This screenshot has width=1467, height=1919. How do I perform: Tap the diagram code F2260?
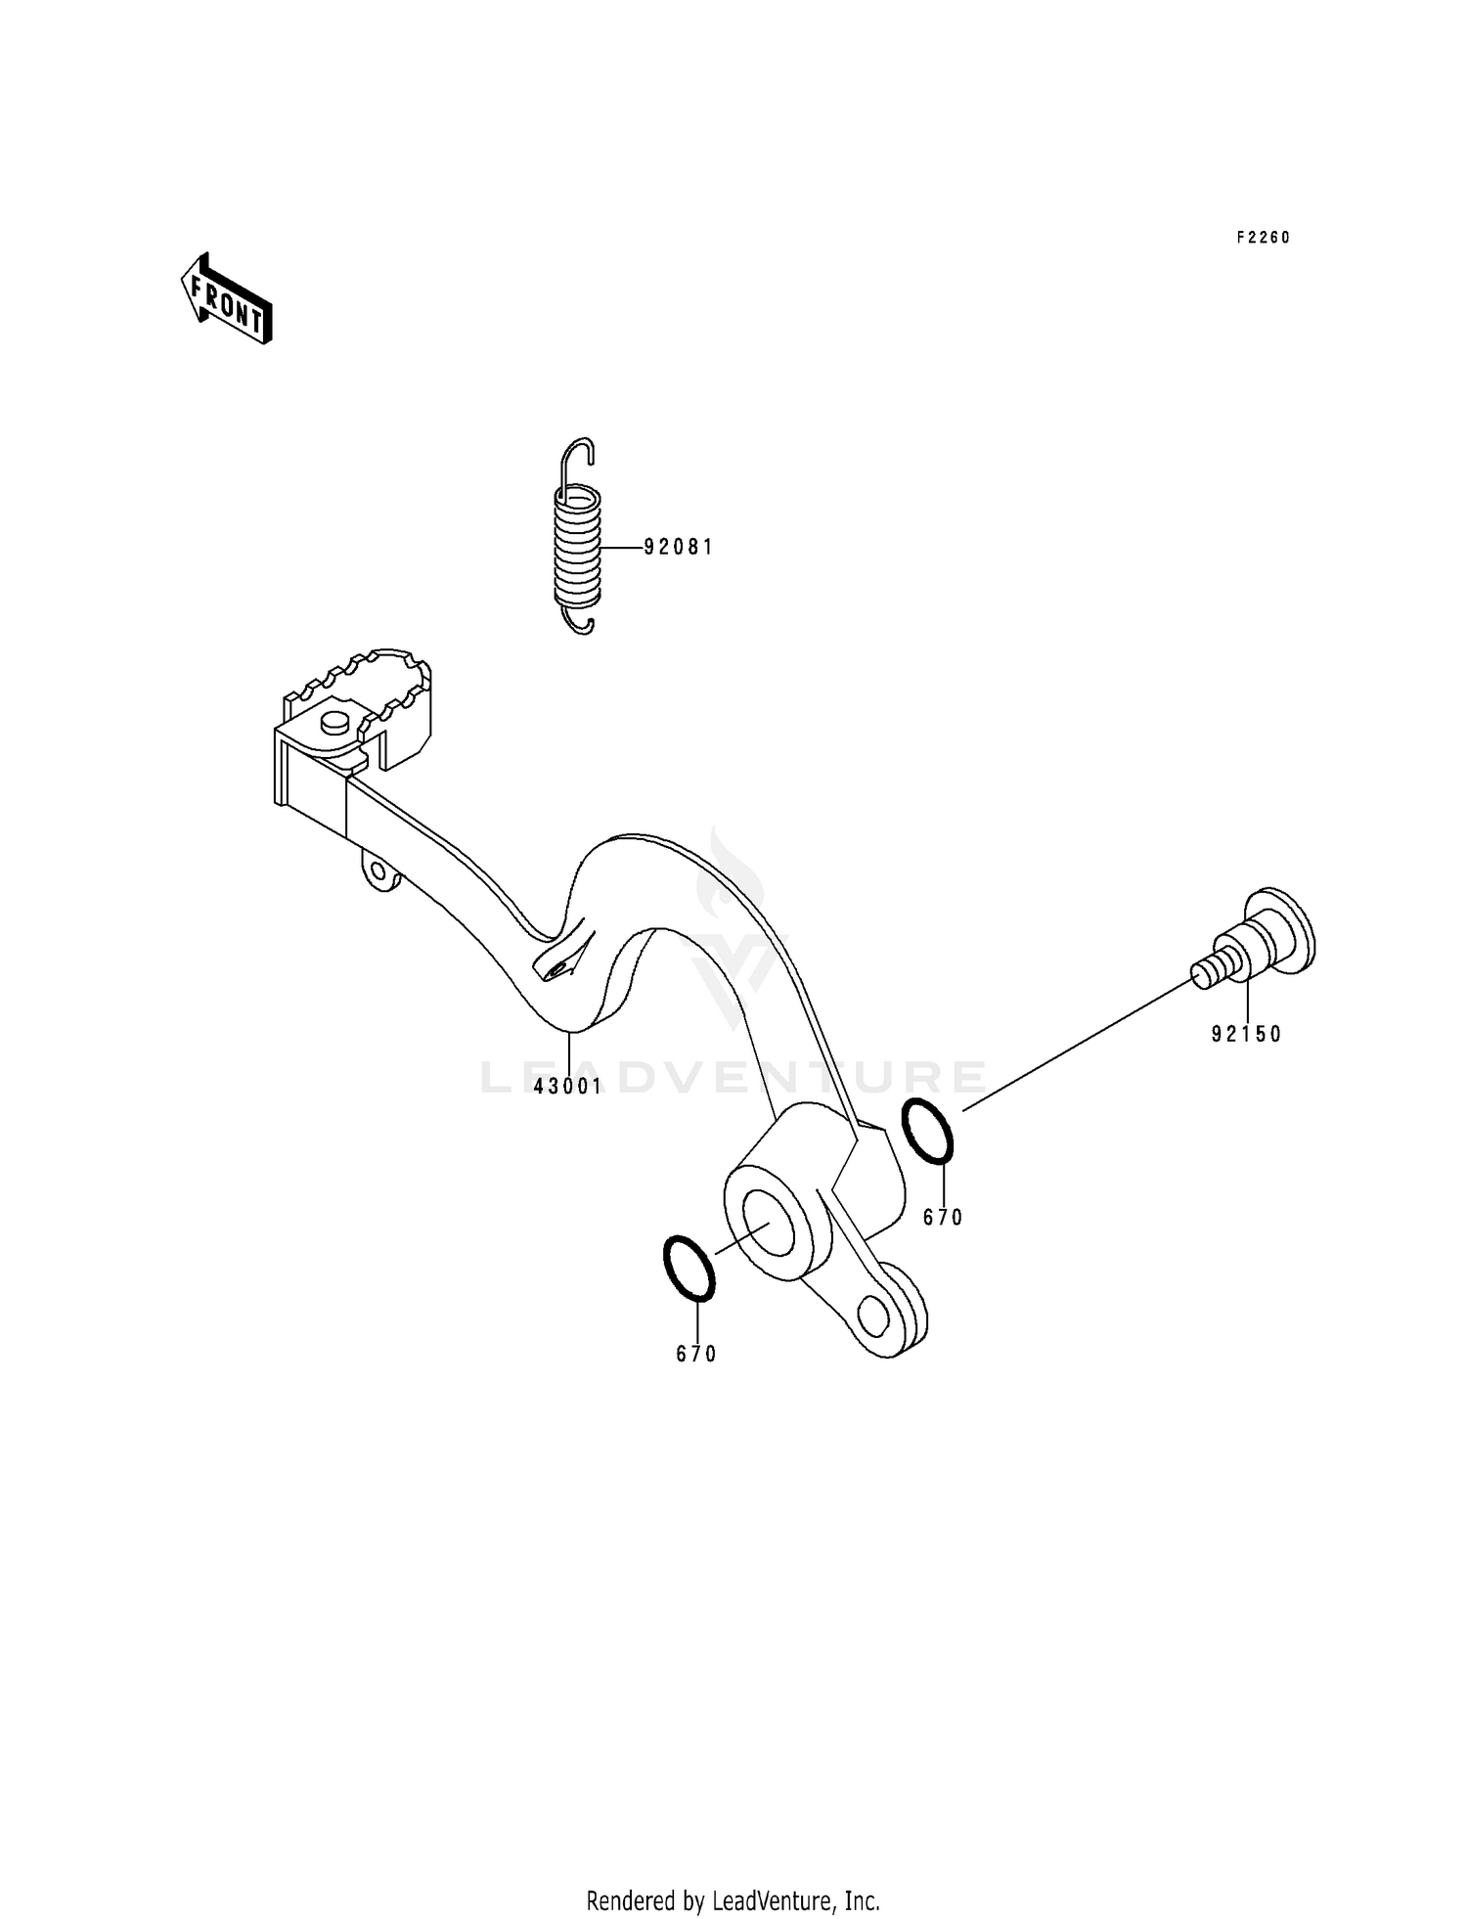1263,238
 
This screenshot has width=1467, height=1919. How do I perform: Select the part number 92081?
678,548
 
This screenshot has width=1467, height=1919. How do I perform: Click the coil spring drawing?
577,548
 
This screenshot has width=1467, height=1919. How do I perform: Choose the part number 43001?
567,1086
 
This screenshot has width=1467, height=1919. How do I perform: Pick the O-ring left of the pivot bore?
689,1269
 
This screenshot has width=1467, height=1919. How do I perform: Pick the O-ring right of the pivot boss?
926,1131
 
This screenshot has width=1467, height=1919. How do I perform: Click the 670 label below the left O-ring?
696,1355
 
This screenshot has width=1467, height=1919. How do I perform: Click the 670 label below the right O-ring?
943,1218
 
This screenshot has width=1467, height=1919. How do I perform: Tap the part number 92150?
1246,1035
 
